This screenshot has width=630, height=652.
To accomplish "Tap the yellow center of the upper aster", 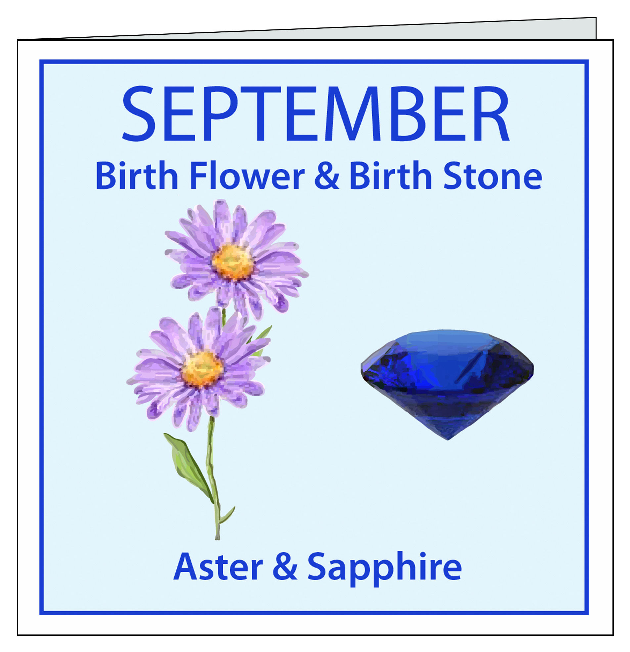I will click(x=233, y=262).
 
